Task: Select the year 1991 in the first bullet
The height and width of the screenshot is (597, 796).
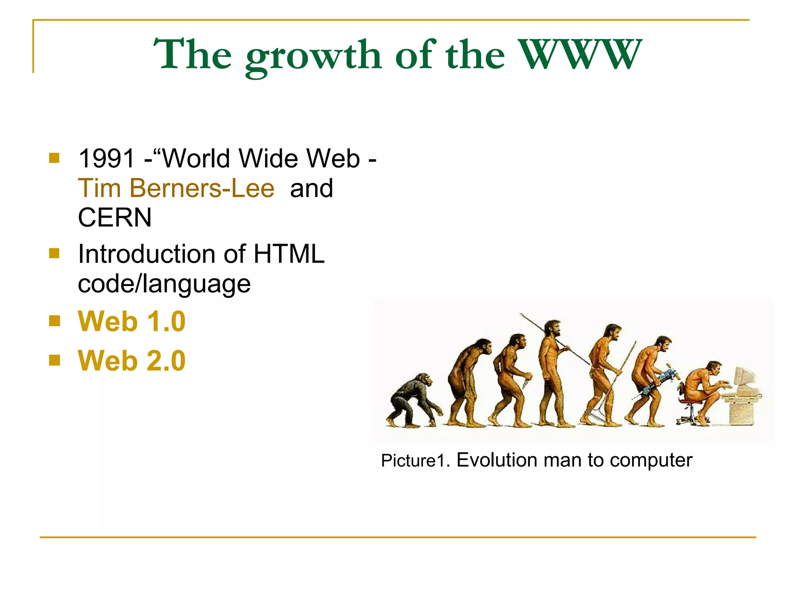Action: tap(106, 159)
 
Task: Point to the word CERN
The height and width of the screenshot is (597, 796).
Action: tap(115, 217)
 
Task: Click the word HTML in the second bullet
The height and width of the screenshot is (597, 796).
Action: tap(289, 254)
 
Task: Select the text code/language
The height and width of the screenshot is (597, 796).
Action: tap(164, 284)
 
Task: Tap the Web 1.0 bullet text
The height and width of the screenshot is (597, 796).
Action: tap(132, 322)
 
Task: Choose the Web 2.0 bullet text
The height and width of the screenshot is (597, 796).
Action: tap(132, 361)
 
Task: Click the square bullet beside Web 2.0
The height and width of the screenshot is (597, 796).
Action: tap(55, 360)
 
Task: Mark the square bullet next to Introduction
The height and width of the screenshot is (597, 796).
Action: tap(54, 254)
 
